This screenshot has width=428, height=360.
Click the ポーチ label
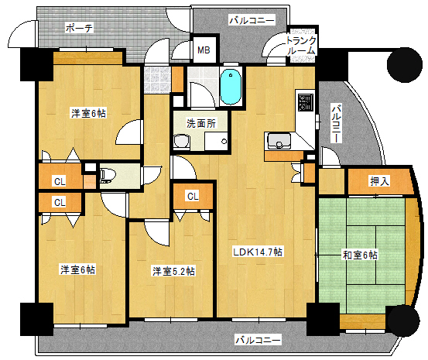(79, 28)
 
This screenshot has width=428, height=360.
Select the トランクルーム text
(300, 45)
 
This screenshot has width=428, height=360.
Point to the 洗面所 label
(200, 123)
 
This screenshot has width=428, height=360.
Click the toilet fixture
(107, 175)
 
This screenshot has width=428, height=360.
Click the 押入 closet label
(378, 181)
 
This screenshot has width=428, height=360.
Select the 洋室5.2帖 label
(173, 271)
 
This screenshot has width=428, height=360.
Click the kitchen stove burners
(303, 101)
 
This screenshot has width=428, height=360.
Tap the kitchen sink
(278, 141)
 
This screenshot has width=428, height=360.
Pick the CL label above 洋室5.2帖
(193, 196)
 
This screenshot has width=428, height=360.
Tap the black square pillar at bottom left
(35, 318)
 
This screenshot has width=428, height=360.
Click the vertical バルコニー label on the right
(337, 124)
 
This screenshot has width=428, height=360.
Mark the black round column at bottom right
(402, 321)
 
